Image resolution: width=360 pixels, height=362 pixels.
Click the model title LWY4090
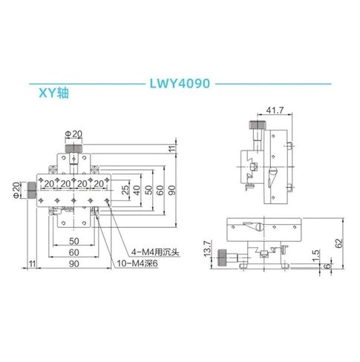coord(180,84)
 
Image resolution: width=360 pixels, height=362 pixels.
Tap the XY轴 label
coord(53,93)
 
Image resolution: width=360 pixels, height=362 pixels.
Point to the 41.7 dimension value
coord(275,110)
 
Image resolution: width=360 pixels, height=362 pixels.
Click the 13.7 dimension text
coord(207,249)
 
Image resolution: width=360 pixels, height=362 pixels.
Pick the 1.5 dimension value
coord(316,256)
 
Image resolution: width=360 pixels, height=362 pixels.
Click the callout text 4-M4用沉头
coord(155,252)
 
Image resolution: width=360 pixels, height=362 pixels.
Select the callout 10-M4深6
coord(137,263)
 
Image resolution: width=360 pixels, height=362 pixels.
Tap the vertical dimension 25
coord(125,190)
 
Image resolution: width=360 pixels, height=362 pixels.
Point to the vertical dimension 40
coord(137,190)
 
